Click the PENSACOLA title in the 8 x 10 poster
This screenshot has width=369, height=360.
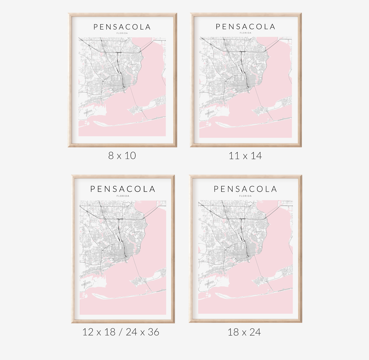tap(122, 27)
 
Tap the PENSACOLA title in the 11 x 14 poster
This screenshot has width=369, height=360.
tap(245, 27)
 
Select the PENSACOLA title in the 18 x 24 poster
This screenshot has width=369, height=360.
tap(245, 189)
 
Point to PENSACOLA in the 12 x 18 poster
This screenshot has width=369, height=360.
tap(123, 189)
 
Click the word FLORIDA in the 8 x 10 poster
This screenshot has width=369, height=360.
tap(122, 33)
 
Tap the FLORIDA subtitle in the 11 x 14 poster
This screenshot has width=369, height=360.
tap(246, 33)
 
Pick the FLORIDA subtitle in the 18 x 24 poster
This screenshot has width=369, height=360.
tap(245, 196)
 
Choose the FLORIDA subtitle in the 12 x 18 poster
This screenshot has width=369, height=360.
tap(123, 196)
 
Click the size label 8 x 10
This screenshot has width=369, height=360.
tap(122, 156)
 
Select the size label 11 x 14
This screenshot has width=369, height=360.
tap(245, 156)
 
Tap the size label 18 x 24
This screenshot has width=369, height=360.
tap(244, 332)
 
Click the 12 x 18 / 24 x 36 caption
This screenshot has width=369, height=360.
tap(121, 332)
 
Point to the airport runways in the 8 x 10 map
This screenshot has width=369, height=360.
tap(87, 112)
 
